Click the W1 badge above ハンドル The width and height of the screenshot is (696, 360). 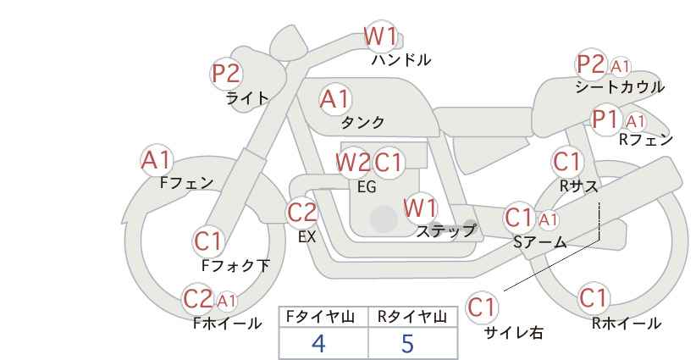381,37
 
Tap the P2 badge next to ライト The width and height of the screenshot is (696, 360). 226,74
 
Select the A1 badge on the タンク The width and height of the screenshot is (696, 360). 334,99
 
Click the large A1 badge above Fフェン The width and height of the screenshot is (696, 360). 156,159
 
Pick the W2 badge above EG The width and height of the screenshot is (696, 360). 353,162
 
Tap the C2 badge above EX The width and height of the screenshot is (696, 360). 302,212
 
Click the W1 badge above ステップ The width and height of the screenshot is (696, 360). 420,208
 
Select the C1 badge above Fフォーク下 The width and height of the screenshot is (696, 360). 208,241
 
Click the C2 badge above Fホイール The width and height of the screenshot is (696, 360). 199,298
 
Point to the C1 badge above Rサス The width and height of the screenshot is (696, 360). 567,161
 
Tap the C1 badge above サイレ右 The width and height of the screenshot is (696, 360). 483,307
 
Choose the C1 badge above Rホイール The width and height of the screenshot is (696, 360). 594,298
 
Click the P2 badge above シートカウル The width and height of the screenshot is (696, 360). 591,64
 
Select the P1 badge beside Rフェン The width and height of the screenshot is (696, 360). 605,119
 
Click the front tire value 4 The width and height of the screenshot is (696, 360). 318,343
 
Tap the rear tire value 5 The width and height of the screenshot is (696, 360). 407,343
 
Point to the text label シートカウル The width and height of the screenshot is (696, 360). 619,86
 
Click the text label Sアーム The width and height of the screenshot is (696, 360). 539,242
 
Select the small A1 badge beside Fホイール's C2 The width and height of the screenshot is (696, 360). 226,300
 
